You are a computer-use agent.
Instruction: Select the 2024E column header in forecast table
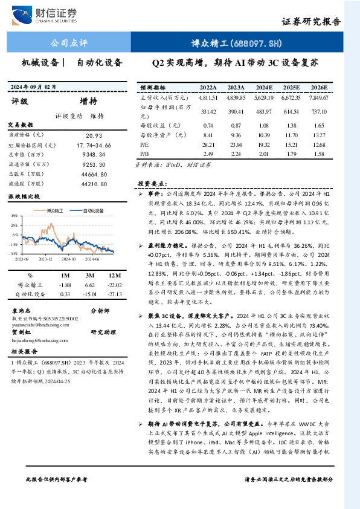click(264, 87)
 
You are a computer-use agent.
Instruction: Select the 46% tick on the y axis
click(13, 215)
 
